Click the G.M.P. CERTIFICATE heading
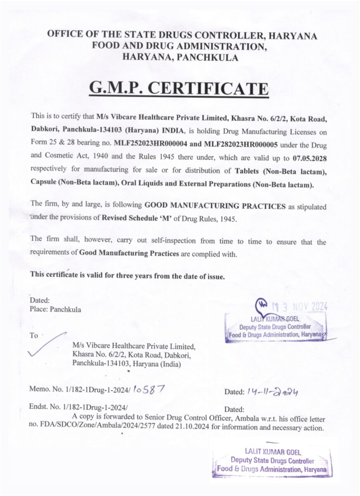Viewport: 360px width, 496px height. coord(179,89)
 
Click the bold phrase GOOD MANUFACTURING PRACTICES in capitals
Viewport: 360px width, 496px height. coord(215,206)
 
